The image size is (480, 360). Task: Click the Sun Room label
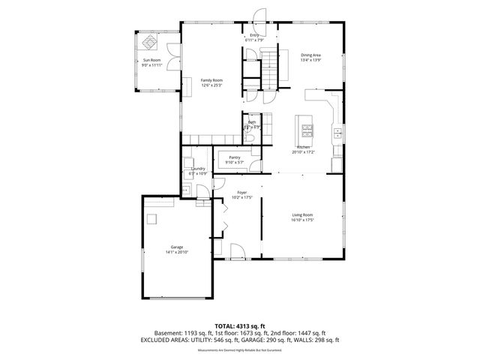(151, 60)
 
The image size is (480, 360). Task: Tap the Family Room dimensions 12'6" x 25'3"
(211, 85)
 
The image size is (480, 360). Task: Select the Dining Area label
(310, 55)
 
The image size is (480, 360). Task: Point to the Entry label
(255, 35)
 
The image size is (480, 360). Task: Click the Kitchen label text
(303, 147)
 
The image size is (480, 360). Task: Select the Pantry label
(235, 157)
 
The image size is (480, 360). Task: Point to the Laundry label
(198, 169)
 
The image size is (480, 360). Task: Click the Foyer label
(241, 193)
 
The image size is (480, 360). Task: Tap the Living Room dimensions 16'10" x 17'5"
(302, 220)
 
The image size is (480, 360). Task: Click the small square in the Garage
(153, 218)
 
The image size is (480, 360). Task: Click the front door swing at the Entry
(259, 16)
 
